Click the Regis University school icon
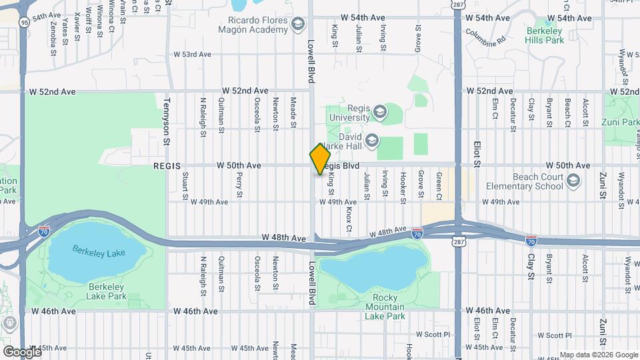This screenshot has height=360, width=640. coord(380,112)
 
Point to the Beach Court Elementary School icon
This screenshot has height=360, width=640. coord(573,180)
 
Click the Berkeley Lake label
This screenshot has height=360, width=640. coord(98,252)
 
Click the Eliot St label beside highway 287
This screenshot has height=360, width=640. coord(477,153)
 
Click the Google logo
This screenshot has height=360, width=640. coord(21,352)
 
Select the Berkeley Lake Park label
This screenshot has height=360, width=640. coord(107,291)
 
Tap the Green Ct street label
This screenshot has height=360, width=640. coord(439,185)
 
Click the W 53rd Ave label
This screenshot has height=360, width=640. coord(192,55)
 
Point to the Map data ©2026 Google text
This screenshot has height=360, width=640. coord(599,355)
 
